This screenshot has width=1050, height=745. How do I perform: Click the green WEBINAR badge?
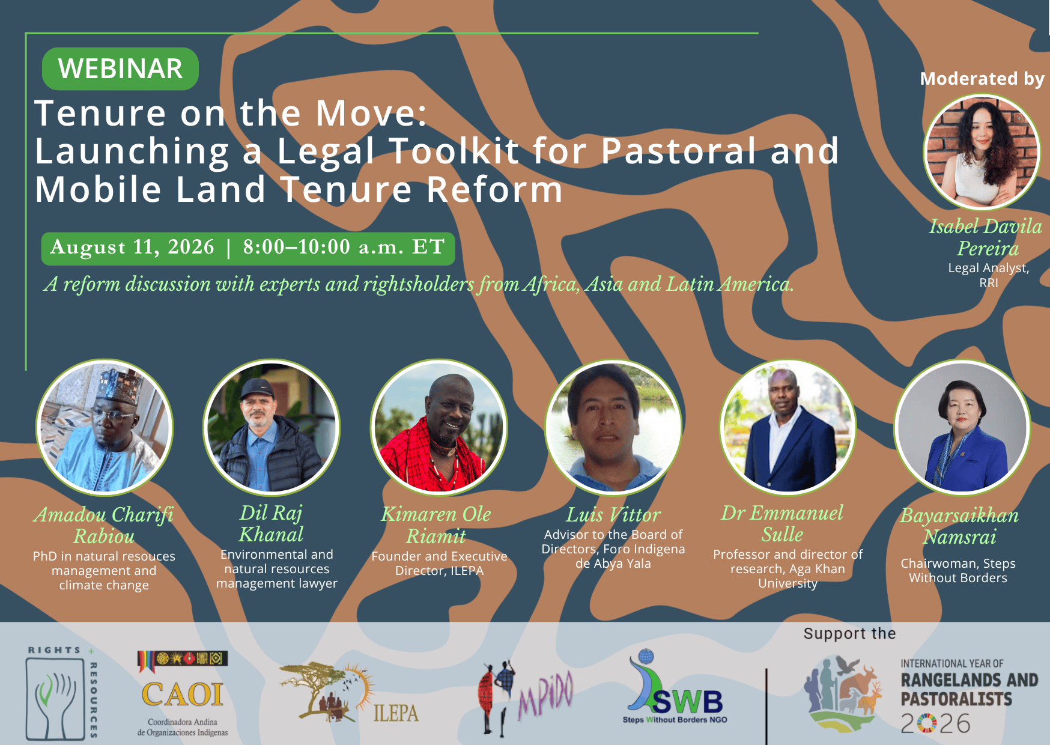click(120, 68)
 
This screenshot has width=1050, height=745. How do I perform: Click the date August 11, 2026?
click(132, 247)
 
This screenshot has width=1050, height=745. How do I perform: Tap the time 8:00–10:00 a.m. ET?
click(344, 247)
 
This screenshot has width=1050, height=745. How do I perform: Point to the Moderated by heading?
click(983, 79)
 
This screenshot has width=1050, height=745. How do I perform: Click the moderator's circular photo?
click(982, 152)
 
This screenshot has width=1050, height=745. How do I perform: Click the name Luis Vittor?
click(613, 515)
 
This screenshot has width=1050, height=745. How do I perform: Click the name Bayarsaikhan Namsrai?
click(959, 526)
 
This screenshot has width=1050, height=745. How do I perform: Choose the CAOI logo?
click(183, 694)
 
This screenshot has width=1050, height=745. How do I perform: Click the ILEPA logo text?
click(396, 713)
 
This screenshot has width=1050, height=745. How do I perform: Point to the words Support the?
click(849, 634)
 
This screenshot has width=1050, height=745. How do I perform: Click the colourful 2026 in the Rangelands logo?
click(935, 723)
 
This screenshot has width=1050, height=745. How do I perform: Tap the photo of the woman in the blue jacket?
click(962, 428)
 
